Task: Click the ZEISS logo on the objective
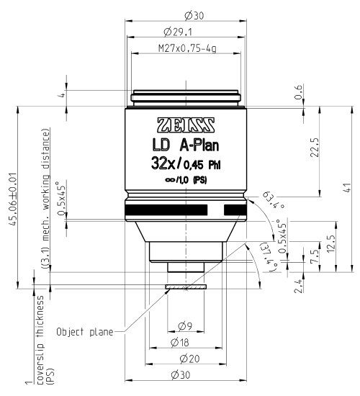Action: point(186,121)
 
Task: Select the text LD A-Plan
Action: point(186,143)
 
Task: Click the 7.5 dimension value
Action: point(312,257)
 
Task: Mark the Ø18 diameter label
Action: point(186,341)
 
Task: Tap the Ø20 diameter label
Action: point(186,358)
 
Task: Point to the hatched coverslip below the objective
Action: point(186,287)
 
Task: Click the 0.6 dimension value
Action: point(298,89)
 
